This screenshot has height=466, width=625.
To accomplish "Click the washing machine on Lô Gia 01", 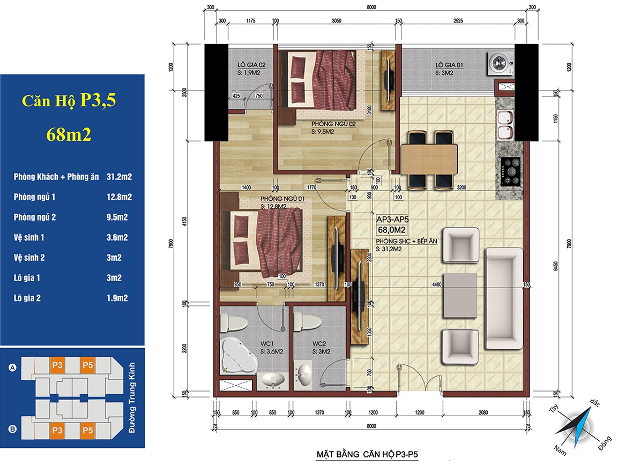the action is [500, 64].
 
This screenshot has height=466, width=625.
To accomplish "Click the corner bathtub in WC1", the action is [239, 355].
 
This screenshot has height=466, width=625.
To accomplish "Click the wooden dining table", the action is [429, 159].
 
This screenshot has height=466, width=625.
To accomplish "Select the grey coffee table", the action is [460, 295].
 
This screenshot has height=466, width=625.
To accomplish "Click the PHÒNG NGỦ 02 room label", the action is [333, 124].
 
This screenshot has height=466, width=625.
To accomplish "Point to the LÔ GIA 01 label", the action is [449, 64].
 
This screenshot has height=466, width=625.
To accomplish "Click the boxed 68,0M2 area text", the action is [391, 230].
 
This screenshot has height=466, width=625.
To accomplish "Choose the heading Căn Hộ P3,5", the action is [69, 100].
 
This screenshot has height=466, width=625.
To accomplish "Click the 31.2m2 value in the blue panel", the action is [119, 177].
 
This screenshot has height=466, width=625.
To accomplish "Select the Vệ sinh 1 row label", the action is [29, 237].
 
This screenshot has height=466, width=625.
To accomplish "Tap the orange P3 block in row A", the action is [57, 365].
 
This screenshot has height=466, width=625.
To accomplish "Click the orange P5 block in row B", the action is [88, 430].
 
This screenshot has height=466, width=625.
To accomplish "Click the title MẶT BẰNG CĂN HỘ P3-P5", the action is [367, 454].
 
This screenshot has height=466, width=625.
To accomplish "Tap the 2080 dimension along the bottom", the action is [483, 412].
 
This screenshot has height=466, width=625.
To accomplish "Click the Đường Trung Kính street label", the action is [131, 397].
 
